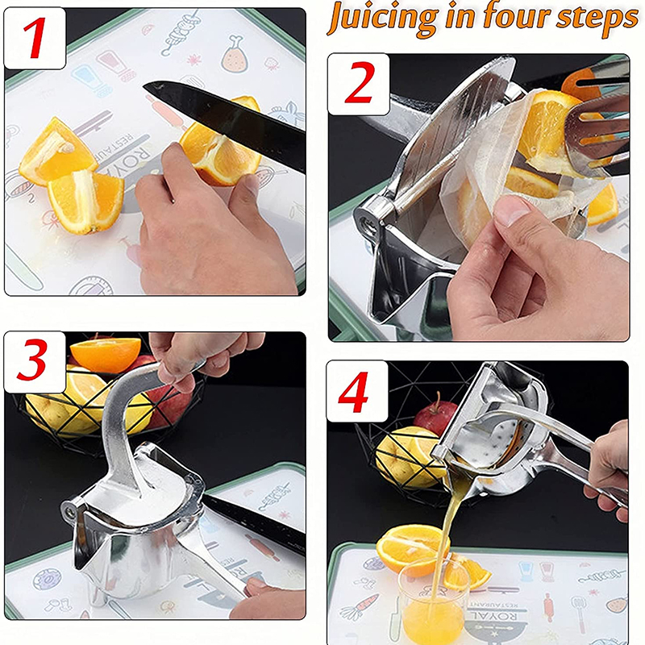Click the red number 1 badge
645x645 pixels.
pos(35,38)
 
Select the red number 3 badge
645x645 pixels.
pos(35,362)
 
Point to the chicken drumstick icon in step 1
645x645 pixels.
pos(234,52)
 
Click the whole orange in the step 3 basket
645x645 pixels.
pos(105,355)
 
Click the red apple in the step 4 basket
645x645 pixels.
pos(435,415)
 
